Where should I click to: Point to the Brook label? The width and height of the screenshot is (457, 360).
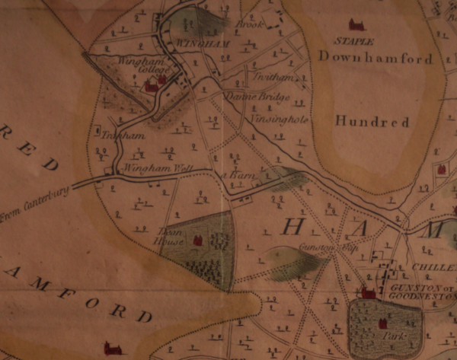point(248,25)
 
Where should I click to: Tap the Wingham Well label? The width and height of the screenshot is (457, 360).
point(149,167)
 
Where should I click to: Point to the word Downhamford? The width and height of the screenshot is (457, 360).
point(376,58)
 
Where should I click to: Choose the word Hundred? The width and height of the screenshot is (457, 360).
point(372,121)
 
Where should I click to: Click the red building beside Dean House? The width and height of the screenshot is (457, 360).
point(198,241)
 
